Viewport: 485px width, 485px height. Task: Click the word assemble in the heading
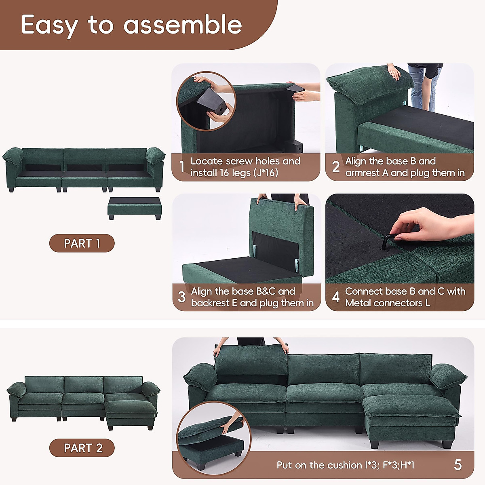click(x=183, y=25)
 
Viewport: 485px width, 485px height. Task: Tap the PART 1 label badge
click(x=82, y=243)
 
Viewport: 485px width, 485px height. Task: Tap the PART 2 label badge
click(x=82, y=448)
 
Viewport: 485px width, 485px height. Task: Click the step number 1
click(x=182, y=167)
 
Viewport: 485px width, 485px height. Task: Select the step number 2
click(x=335, y=167)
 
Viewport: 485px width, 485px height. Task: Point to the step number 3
click(x=182, y=297)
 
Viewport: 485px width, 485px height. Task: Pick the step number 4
click(x=335, y=297)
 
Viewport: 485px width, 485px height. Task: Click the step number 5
click(x=458, y=465)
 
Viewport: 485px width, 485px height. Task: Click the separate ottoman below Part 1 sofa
click(x=135, y=208)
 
